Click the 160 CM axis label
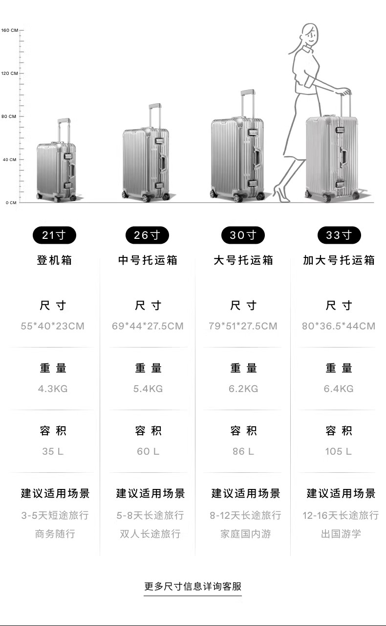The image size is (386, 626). point(9,30)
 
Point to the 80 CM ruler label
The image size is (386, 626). point(9,116)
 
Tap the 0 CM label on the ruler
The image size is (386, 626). point(11,203)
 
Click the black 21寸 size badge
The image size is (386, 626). point(54,235)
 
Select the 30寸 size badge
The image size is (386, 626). point(243,235)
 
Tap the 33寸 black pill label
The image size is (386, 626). point(339,235)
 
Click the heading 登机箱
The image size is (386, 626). point(54,260)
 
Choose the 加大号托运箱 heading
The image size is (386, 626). point(339,260)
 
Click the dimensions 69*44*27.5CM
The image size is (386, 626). point(148,326)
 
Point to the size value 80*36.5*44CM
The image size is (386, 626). point(339,326)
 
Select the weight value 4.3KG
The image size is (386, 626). point(53,389)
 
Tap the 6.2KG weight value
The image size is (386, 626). point(243,389)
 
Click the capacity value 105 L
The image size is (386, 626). point(338,451)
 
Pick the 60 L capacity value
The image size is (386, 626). point(148,451)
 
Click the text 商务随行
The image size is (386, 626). point(55,534)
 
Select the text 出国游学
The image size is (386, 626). point(341,534)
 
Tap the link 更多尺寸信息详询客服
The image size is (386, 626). point(193,586)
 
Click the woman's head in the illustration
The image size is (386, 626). point(309,34)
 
